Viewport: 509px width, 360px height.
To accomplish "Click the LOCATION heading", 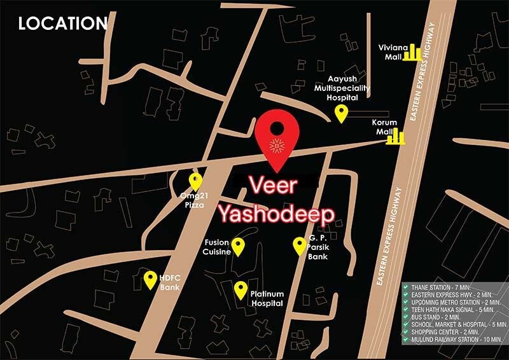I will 63,24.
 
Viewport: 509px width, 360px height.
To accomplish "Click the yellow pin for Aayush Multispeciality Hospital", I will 341,114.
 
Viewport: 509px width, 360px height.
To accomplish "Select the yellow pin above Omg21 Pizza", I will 195,182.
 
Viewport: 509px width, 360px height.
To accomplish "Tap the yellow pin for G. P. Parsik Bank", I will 299,245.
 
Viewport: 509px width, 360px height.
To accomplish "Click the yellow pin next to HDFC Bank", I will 150,279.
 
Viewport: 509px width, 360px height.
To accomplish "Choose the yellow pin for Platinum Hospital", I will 241,290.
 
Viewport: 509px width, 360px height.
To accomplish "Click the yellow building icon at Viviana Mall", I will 415,52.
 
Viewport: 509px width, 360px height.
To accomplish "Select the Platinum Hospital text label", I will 267,299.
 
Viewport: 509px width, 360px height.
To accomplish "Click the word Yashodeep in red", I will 277,215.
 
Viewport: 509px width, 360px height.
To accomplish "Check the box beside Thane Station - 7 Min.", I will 405,287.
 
